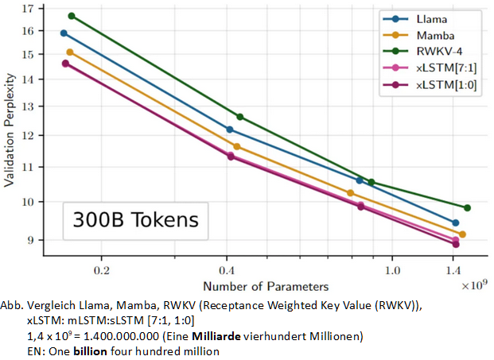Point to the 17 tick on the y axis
[x=29, y=10]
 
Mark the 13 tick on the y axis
[x=29, y=106]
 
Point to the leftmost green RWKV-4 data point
[x=72, y=16]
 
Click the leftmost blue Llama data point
[x=64, y=33]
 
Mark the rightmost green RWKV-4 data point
[x=467, y=207]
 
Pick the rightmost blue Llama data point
[x=455, y=223]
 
